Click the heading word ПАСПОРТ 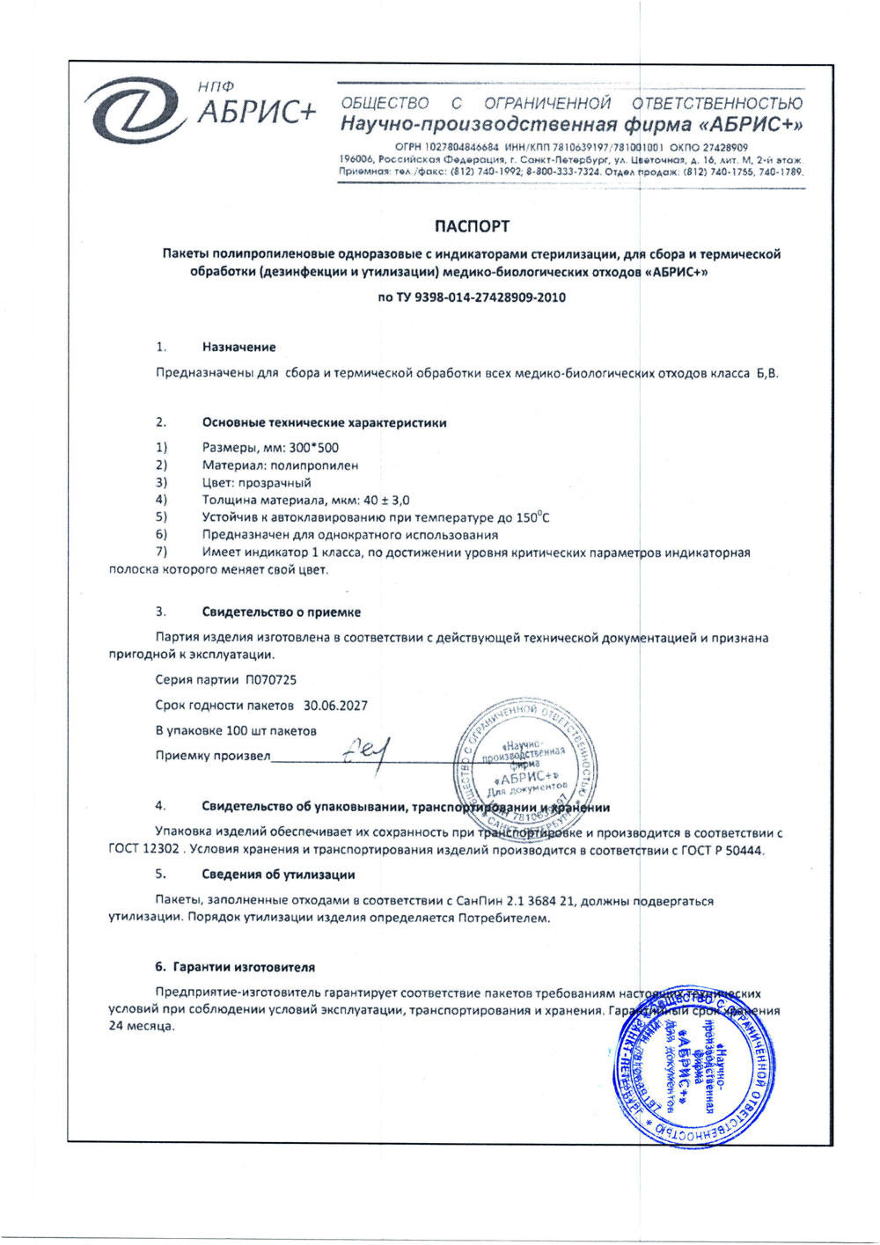coord(471,226)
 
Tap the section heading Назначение coord(238,348)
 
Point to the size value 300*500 coord(313,448)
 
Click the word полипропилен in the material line coord(315,465)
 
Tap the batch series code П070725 coord(271,680)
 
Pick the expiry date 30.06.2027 coord(335,706)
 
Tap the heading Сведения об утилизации coord(278,875)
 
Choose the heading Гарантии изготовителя coord(243,967)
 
